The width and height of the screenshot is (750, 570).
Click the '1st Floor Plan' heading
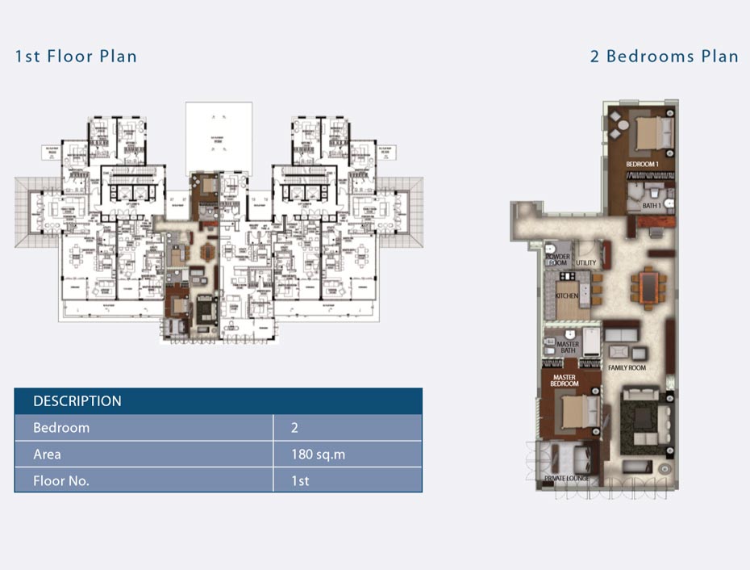tap(76, 57)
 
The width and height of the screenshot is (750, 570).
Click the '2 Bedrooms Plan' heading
tap(664, 57)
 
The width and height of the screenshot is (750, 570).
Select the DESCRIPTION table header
tap(77, 401)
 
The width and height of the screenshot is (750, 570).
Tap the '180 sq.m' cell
tap(318, 455)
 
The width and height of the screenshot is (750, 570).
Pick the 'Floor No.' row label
tap(61, 481)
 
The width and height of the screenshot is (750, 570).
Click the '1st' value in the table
tap(300, 481)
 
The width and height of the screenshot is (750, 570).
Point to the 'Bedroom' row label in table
tap(61, 428)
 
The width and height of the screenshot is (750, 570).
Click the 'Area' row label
tap(47, 455)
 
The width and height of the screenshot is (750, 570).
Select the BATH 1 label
tap(651, 206)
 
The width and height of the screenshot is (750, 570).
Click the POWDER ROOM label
tap(558, 260)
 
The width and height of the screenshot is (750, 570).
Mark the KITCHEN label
tap(567, 296)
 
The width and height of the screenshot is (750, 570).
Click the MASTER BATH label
tap(568, 347)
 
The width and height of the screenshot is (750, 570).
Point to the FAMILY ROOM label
tap(627, 368)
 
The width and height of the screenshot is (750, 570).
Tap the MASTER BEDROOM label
tap(566, 380)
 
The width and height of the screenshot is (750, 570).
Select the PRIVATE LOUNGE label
tap(567, 479)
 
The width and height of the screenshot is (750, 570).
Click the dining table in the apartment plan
tap(648, 283)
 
